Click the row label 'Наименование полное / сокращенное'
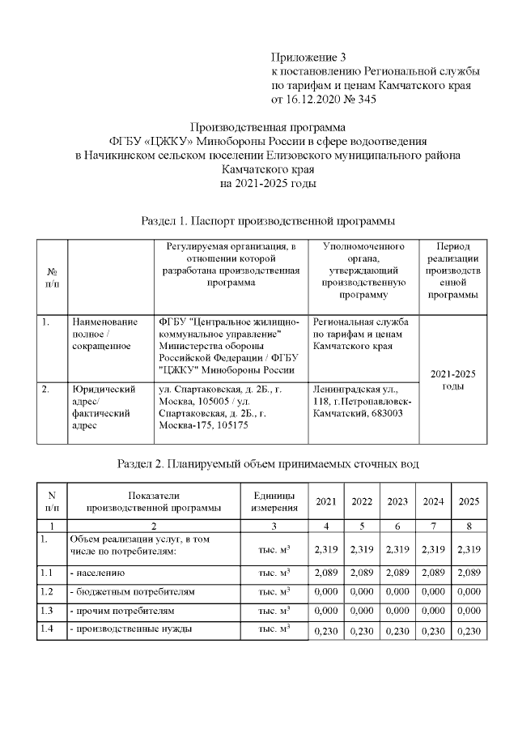(104, 334)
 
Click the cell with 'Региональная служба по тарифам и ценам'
(361, 334)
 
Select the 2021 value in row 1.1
(325, 573)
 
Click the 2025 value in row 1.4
(469, 632)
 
